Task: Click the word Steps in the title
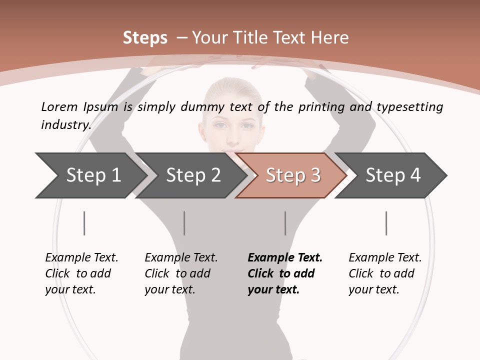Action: [145, 38]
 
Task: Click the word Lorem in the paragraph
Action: [59, 107]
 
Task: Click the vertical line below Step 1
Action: [84, 223]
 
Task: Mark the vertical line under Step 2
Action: [184, 223]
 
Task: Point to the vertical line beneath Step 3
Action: [285, 223]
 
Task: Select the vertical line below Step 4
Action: [386, 223]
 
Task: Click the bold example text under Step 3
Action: [284, 273]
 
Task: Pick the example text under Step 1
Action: [81, 273]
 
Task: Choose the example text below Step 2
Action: [180, 273]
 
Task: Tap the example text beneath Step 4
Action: [384, 273]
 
